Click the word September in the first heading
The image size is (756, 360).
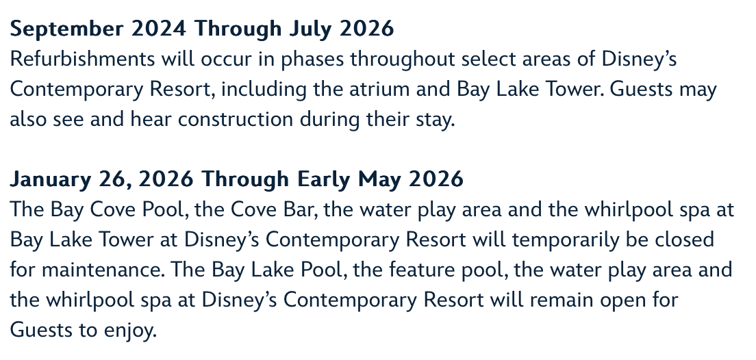click(x=66, y=29)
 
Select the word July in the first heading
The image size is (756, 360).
click(x=310, y=29)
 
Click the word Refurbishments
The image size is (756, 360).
click(x=82, y=59)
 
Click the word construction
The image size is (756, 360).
click(x=236, y=120)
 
